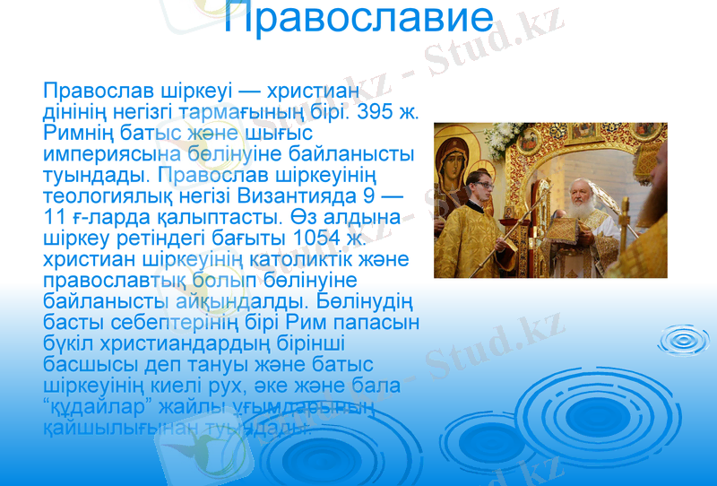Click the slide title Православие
[358, 19]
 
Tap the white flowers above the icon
[503, 135]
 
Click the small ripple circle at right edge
[683, 340]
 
